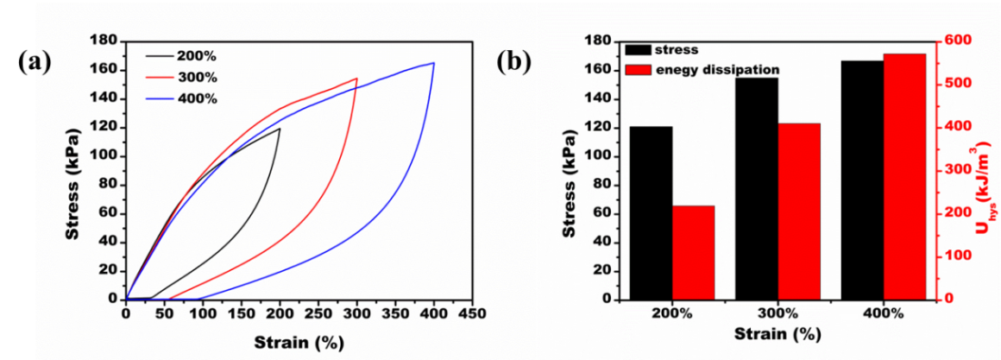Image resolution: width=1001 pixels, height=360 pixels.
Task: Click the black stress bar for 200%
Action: pyautogui.click(x=652, y=212)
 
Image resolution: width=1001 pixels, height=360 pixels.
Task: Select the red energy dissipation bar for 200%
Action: pyautogui.click(x=694, y=252)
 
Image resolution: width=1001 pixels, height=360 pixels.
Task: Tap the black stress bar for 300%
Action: pyautogui.click(x=757, y=188)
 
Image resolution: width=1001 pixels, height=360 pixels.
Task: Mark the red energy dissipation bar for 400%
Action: pyautogui.click(x=904, y=176)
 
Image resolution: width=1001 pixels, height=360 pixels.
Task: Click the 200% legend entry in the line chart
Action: pyautogui.click(x=196, y=56)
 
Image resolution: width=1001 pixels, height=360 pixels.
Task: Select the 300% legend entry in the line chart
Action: pyautogui.click(x=196, y=77)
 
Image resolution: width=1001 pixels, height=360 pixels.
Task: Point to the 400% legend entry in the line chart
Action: pyautogui.click(x=196, y=98)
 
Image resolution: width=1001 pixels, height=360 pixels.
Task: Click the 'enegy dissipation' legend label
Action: pyautogui.click(x=718, y=69)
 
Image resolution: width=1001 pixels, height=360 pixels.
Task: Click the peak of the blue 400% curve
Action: pyautogui.click(x=433, y=62)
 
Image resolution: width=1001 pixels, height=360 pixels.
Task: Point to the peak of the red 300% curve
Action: pyautogui.click(x=356, y=79)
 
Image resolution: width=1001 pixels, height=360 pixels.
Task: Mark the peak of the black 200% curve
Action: pyautogui.click(x=280, y=129)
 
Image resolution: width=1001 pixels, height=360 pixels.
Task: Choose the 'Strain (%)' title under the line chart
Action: pyautogui.click(x=299, y=343)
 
